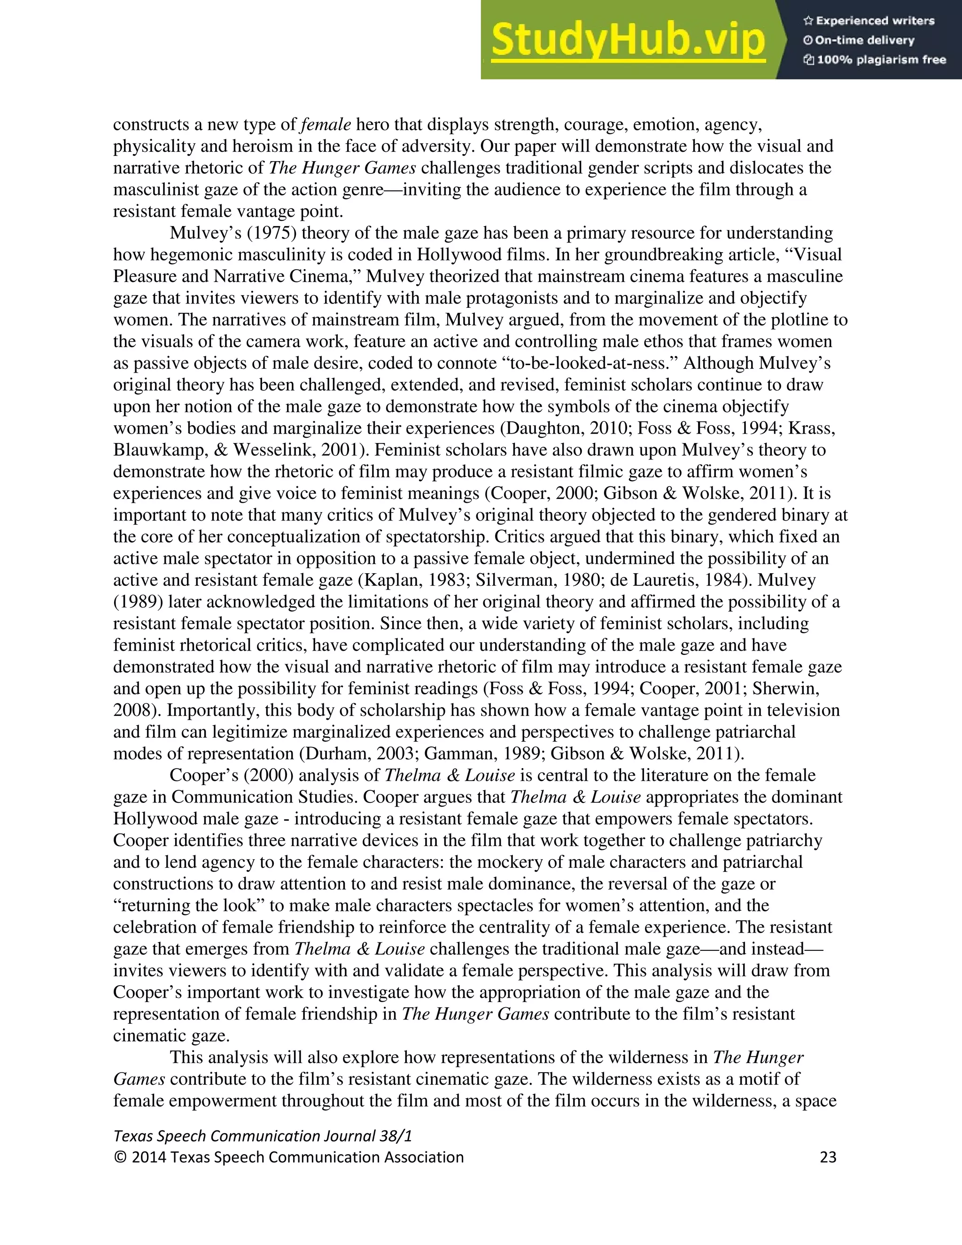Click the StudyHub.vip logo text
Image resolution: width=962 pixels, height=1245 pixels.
[x=628, y=40]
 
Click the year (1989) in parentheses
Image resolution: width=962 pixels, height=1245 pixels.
[x=138, y=601]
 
